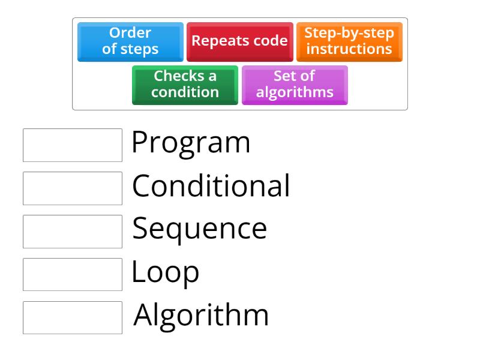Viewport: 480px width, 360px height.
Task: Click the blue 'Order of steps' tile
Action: coord(130,41)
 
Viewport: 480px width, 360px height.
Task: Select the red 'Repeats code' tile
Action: coord(239,41)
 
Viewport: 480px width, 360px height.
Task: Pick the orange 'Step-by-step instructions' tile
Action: coord(349,41)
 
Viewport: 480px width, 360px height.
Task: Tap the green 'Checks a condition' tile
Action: coord(185,85)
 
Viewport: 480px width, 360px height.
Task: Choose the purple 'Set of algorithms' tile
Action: coord(295,85)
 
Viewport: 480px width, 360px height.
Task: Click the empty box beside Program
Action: coord(73,145)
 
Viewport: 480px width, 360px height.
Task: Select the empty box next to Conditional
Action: coord(73,188)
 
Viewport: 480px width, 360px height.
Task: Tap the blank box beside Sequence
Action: coord(73,232)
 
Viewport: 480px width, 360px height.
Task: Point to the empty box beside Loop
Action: coord(73,274)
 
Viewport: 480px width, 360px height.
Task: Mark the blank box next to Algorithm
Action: coord(73,317)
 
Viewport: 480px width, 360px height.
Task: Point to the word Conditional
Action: coord(211,186)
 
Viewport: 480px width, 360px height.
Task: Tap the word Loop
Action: coord(165,272)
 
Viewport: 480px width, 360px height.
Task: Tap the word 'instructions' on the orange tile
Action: coord(349,49)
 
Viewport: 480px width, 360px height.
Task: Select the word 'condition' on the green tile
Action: coord(185,92)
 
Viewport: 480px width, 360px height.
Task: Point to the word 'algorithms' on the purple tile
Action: coord(295,92)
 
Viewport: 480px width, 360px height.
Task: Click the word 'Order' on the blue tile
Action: coord(130,33)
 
